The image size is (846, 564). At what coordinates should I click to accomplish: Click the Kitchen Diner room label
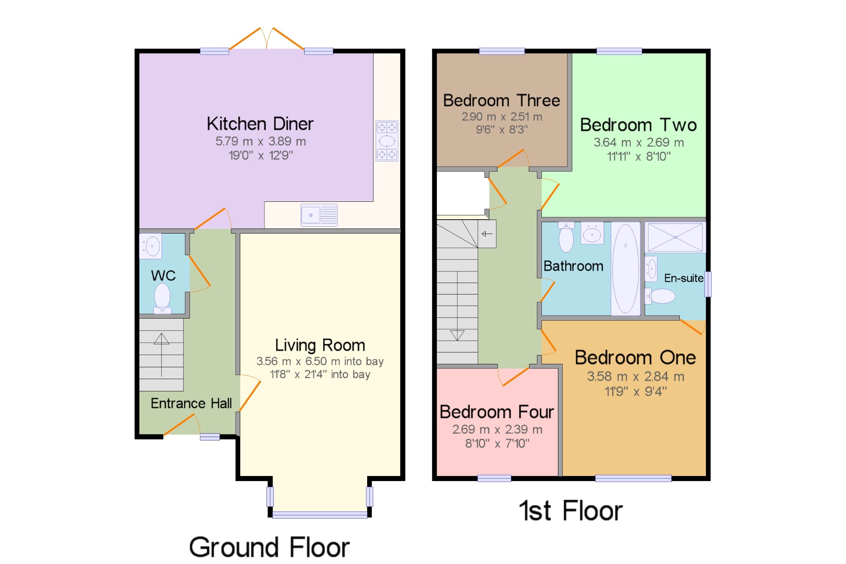(260, 124)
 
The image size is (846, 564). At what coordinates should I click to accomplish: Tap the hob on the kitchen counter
(387, 141)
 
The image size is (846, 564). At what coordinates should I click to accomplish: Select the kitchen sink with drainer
(319, 215)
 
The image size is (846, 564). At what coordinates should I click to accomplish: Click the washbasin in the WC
(151, 246)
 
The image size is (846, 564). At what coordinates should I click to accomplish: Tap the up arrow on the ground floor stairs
(162, 355)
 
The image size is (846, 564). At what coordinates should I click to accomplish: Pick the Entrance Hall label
(191, 403)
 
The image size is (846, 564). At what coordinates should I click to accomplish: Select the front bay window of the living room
(320, 514)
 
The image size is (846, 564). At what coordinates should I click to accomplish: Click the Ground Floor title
(269, 547)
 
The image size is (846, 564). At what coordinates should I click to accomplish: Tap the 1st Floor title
(571, 510)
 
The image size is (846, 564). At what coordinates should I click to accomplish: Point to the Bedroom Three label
(502, 101)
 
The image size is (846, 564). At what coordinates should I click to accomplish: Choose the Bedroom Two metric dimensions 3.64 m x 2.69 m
(639, 143)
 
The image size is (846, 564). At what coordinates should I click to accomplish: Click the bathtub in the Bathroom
(626, 269)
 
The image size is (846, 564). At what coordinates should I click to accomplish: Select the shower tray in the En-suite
(675, 237)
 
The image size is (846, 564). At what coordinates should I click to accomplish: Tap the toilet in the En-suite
(660, 296)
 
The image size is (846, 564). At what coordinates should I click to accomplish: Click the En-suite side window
(708, 284)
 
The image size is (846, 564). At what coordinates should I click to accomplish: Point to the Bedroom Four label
(497, 412)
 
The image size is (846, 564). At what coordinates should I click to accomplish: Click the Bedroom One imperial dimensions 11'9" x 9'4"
(636, 391)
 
